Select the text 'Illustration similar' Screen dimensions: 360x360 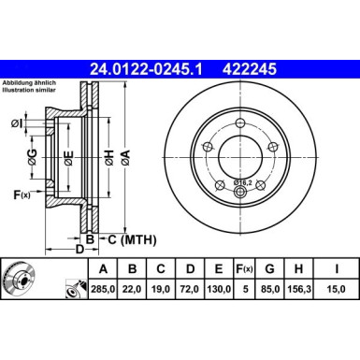pyautogui.click(x=27, y=90)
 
